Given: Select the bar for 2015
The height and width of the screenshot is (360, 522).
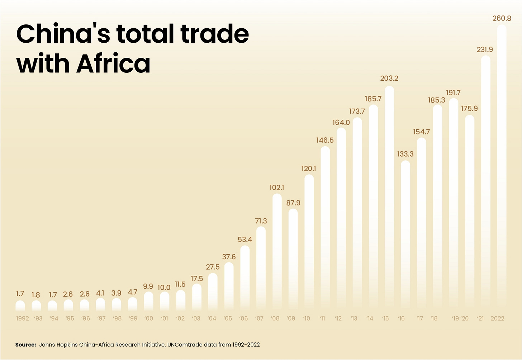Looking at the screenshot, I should coord(389,197).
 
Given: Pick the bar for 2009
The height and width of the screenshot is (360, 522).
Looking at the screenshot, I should coord(293,258).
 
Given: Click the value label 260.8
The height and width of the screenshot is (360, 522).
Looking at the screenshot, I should coord(502,18).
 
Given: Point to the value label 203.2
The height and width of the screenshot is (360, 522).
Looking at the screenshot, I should coord(389,78).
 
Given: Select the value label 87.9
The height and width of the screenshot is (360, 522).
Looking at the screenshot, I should coord(293,203).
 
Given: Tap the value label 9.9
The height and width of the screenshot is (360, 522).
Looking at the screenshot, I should coord(148,286).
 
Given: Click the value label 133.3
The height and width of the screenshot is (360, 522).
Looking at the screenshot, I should coord(405,154).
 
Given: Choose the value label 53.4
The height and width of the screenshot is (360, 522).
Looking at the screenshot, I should coord(245,240).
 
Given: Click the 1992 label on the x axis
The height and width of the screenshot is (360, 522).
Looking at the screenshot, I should coord(22,318).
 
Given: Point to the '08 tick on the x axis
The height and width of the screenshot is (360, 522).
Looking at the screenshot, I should coord(275,318).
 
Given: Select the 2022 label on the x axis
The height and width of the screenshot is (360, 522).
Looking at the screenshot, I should coord(497,318).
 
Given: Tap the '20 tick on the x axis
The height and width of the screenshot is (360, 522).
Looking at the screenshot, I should coord(465,318).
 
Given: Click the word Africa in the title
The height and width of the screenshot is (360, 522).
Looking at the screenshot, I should coord(113,63).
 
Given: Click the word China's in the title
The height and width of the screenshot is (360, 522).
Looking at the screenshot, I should coord(63,34).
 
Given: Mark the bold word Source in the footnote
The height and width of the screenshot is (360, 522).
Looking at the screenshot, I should coord(25,345).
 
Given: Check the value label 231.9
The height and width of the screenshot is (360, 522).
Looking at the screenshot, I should coord(485,50).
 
